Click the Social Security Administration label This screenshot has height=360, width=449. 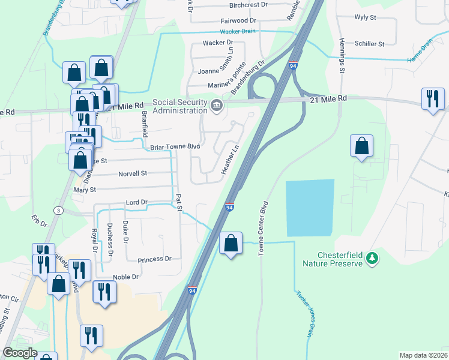[179, 106]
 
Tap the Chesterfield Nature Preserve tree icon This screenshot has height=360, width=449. [373, 257]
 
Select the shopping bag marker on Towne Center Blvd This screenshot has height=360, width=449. [231, 244]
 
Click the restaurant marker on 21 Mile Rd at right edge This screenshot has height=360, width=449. [433, 99]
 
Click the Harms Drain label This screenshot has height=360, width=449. [420, 51]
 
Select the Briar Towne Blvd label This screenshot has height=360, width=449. [174, 146]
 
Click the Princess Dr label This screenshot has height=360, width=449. [154, 259]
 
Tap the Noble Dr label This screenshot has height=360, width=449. [126, 277]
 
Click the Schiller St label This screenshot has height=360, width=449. [369, 44]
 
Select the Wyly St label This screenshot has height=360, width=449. [365, 17]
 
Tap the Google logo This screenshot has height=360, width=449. [20, 353]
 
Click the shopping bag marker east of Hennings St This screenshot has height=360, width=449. [361, 146]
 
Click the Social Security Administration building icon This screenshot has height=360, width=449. [217, 107]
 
